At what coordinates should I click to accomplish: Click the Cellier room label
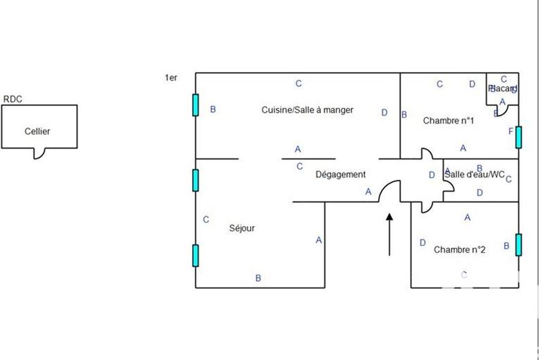(37, 132)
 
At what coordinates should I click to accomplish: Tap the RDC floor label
(13, 99)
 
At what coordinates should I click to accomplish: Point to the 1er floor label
(170, 79)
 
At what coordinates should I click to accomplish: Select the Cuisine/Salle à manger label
(307, 110)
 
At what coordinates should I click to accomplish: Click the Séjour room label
(242, 228)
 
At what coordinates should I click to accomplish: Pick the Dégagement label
(341, 175)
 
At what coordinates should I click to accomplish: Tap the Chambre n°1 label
(448, 121)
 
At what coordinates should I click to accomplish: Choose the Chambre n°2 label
(460, 249)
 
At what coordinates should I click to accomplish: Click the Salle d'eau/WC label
(474, 175)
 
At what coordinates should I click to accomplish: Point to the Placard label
(502, 89)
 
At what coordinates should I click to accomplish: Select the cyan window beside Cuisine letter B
(195, 105)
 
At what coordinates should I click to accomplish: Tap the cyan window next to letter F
(518, 137)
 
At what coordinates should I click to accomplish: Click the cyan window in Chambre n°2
(518, 245)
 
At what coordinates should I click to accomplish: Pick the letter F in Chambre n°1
(510, 131)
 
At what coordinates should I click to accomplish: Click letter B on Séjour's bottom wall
(258, 278)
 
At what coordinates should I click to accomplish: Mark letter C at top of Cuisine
(298, 84)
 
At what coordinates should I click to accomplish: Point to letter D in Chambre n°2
(422, 242)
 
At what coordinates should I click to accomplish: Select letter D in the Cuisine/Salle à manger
(384, 113)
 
